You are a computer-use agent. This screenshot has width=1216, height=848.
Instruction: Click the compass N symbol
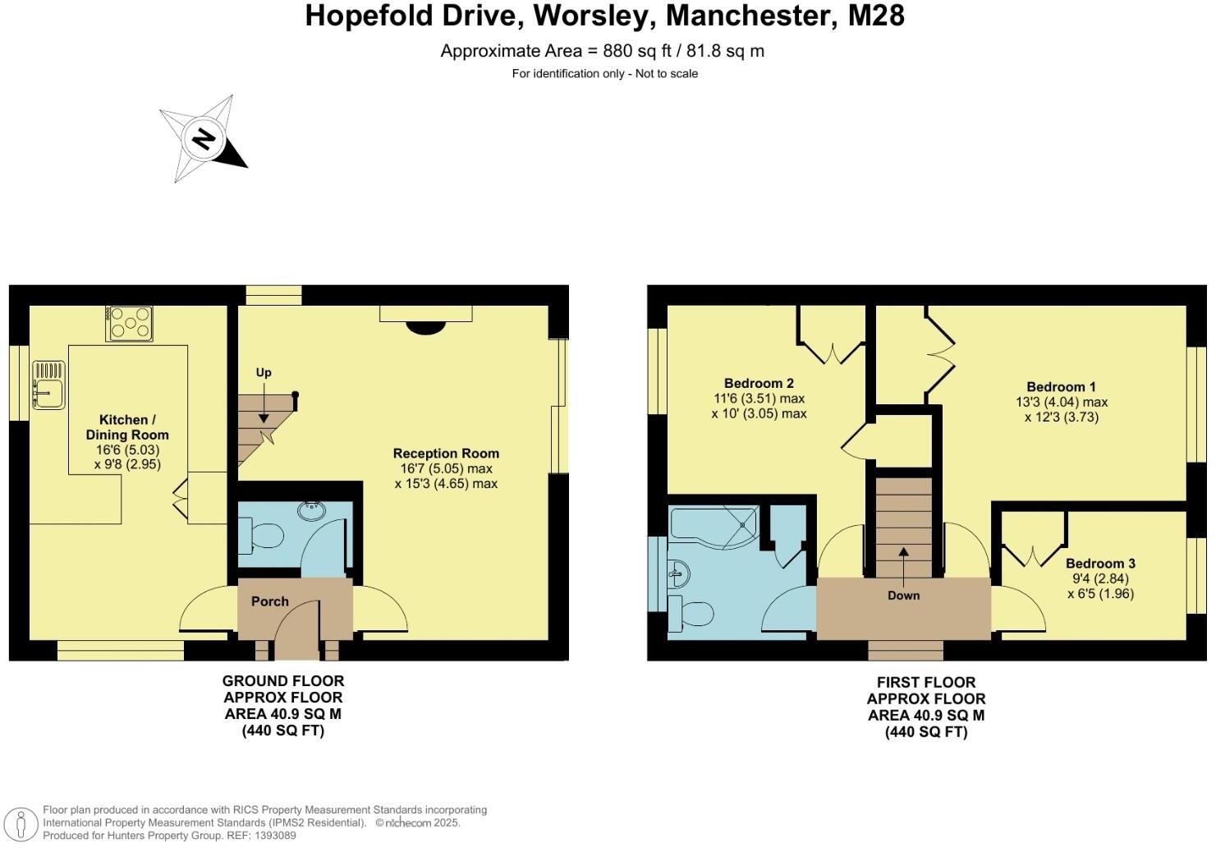(204, 139)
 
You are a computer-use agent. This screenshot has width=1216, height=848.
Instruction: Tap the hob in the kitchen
(129, 323)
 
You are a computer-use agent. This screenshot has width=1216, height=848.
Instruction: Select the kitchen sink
(49, 385)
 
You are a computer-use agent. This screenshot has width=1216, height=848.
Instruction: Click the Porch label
(270, 601)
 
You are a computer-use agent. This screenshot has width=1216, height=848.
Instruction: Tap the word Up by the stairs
(264, 373)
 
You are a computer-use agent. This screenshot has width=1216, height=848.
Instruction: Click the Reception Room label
(446, 453)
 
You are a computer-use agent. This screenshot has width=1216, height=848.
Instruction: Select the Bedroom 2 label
(759, 383)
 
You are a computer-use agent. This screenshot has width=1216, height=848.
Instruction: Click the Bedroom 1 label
(1062, 387)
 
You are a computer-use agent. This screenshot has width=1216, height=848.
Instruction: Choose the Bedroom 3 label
(1100, 564)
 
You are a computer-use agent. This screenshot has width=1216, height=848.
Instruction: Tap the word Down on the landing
(903, 596)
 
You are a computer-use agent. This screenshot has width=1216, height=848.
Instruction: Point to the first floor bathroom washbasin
(679, 573)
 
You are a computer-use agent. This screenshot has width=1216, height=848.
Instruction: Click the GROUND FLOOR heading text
(282, 680)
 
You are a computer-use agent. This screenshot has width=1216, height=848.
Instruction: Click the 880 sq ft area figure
(637, 50)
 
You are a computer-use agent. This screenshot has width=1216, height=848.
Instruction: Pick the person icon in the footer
(21, 824)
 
